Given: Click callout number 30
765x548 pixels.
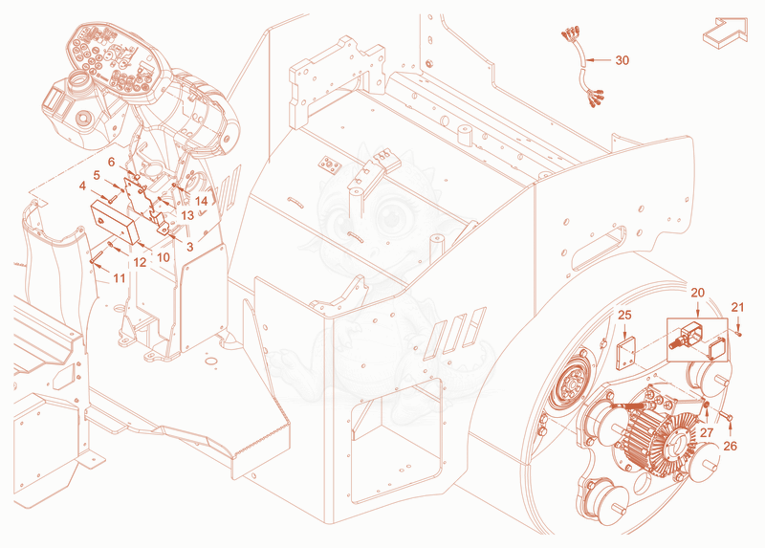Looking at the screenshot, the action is tap(623, 60).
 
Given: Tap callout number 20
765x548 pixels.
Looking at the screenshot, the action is tap(698, 293).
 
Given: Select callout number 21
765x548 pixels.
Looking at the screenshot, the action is tap(737, 307).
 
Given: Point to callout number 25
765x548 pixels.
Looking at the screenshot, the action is tap(624, 316).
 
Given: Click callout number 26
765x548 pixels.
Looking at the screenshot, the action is tap(730, 446).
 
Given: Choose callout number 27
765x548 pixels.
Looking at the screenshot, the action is tap(707, 433).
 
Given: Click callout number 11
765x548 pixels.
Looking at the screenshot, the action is tap(120, 278).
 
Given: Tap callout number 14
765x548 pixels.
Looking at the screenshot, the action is tap(201, 201).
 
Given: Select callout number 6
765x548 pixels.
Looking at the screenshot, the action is tap(111, 162).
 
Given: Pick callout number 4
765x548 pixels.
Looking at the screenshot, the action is tap(82, 186).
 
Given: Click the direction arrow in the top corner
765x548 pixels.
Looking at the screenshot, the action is tap(725, 33).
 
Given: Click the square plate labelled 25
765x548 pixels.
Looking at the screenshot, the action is tap(625, 352).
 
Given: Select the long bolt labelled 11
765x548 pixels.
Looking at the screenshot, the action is tap(97, 255).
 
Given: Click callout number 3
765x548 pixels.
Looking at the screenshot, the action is tap(189, 247).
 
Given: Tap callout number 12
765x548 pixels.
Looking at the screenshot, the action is tap(140, 263).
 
